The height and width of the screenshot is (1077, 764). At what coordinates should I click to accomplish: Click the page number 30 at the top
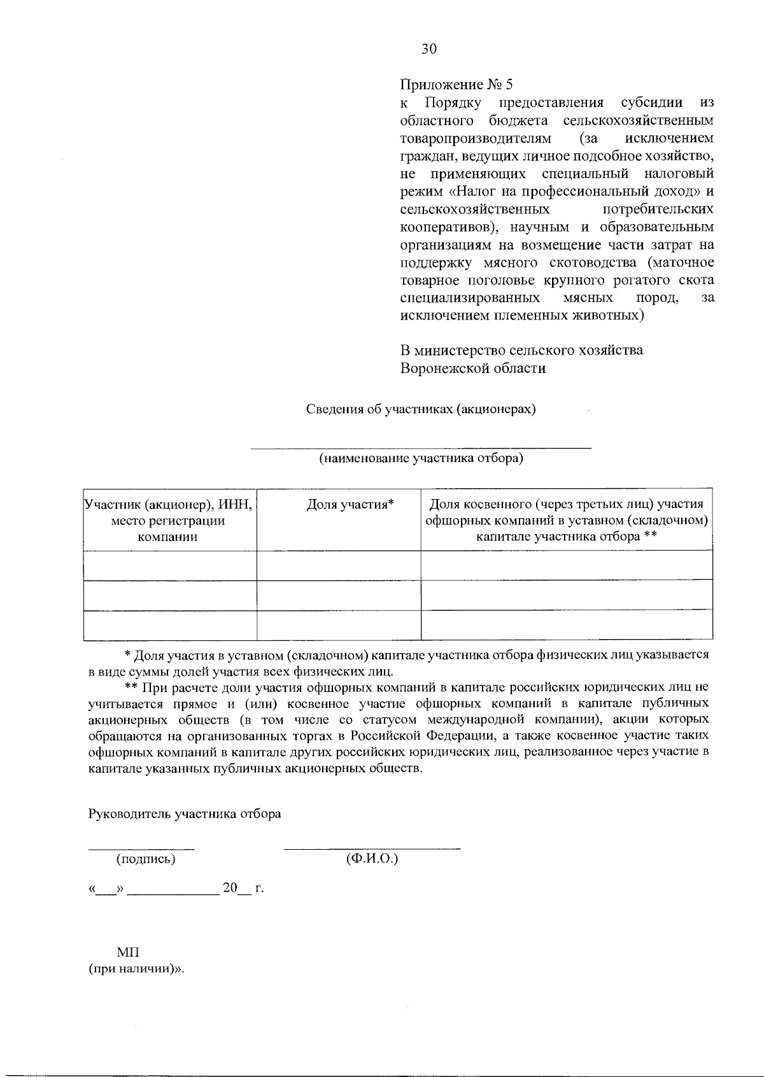(x=428, y=49)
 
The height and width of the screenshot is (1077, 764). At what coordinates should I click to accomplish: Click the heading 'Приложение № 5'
(x=456, y=85)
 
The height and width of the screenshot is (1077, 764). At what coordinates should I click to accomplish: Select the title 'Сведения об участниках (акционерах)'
(x=421, y=409)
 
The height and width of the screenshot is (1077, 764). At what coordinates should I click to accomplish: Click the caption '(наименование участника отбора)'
(x=421, y=458)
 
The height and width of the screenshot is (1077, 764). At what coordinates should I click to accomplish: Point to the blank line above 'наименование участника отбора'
(x=421, y=448)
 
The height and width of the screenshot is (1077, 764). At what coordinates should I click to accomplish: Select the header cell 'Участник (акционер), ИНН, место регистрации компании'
(x=169, y=520)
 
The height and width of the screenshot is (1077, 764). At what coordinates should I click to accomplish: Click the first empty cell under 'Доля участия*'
(x=338, y=565)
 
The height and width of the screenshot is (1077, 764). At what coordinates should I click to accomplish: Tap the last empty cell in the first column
(x=169, y=625)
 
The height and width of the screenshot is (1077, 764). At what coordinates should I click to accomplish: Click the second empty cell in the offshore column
(x=566, y=595)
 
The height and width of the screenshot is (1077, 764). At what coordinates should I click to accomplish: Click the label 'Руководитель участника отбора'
(x=185, y=813)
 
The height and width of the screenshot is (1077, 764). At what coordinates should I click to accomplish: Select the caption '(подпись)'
(x=145, y=859)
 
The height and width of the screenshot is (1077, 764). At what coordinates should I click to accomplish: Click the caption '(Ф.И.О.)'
(x=372, y=858)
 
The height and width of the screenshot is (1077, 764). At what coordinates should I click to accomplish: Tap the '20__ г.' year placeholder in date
(x=243, y=888)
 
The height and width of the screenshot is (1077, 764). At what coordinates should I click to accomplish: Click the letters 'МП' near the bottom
(x=128, y=952)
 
